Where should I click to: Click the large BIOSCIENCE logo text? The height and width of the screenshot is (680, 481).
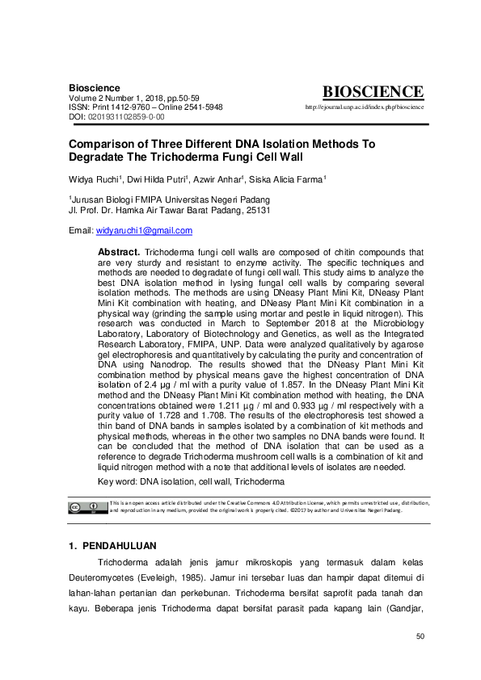click(372, 92)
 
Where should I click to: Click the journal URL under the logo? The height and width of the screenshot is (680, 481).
click(365, 107)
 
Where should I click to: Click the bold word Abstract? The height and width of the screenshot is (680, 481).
click(119, 253)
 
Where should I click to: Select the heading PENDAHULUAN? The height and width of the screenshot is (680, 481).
click(122, 546)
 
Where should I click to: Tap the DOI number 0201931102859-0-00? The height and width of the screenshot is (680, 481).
click(126, 117)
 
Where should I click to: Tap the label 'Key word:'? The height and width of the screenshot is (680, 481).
click(117, 481)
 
